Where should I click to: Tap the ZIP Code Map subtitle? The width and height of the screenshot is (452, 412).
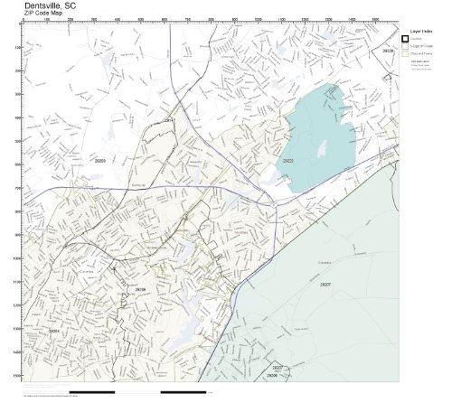click(x=43, y=13)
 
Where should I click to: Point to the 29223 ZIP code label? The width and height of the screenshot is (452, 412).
click(x=287, y=160)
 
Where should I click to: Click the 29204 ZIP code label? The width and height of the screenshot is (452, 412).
click(x=55, y=332)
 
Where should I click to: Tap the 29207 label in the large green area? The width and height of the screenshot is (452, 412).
click(x=325, y=284)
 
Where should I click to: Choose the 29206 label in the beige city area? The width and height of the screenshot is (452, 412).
click(x=140, y=289)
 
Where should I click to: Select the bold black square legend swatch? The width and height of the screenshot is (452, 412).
click(x=405, y=39)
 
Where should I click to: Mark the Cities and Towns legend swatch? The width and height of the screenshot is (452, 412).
click(x=405, y=53)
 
